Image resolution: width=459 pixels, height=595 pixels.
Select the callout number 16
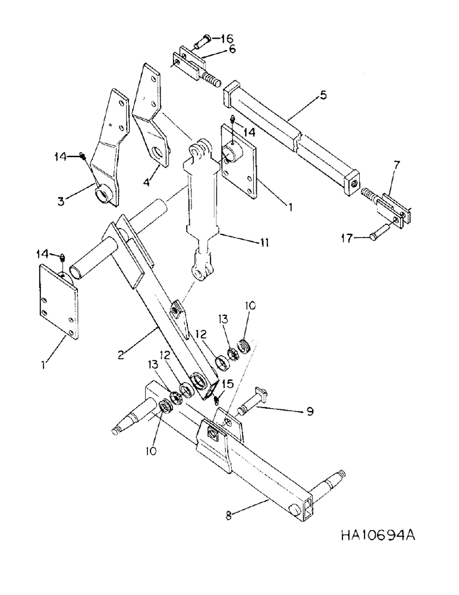[x=228, y=39]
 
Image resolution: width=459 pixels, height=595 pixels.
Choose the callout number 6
[x=231, y=49]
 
